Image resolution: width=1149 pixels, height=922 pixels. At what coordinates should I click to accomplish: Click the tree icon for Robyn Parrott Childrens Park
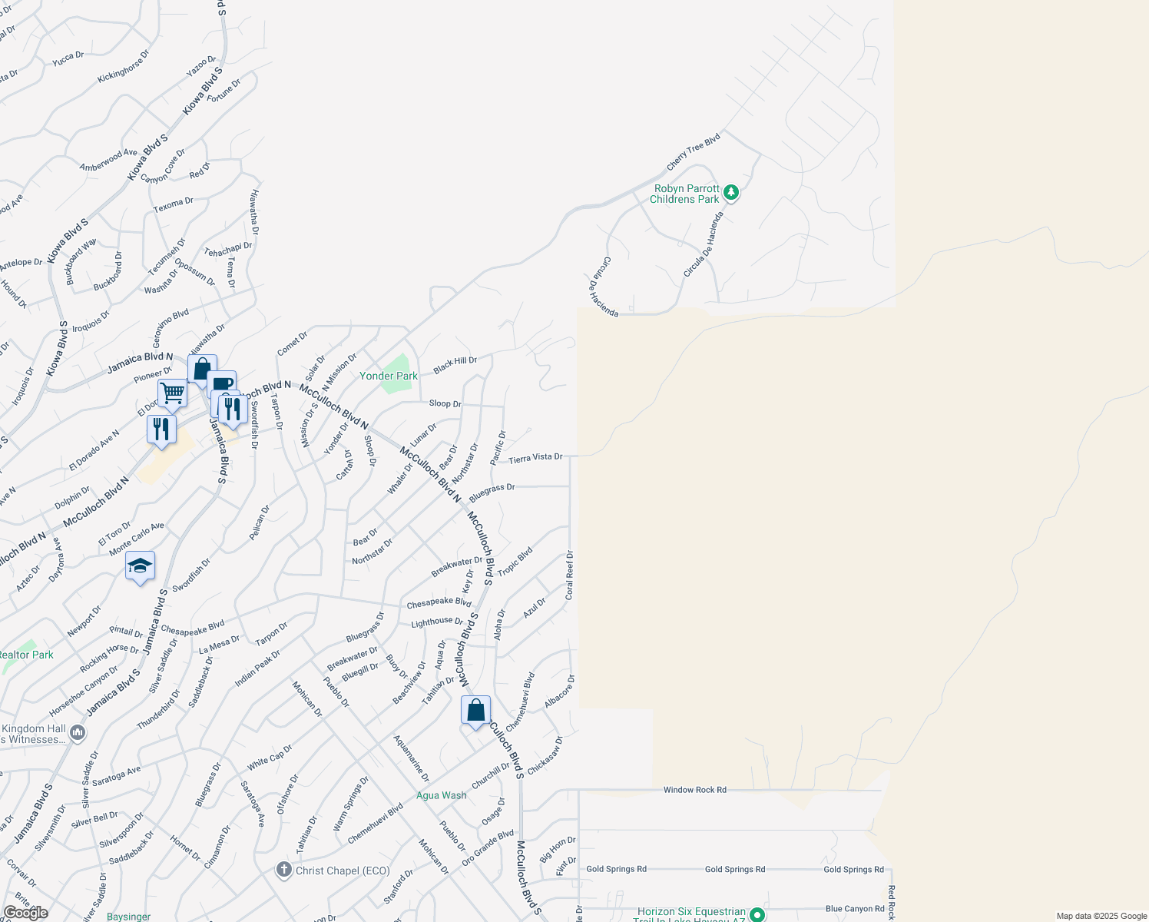click(x=731, y=193)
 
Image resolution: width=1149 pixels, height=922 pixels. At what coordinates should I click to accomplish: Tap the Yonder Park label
click(x=389, y=376)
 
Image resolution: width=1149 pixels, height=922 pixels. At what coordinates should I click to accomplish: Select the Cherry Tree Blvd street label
click(x=694, y=151)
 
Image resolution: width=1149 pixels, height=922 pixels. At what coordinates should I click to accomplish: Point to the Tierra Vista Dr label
click(x=535, y=458)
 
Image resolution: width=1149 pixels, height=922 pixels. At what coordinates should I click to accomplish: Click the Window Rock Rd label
click(x=694, y=790)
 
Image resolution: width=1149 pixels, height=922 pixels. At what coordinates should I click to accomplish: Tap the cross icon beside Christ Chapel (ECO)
click(x=283, y=870)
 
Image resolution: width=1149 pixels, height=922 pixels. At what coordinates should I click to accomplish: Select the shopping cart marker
click(x=173, y=393)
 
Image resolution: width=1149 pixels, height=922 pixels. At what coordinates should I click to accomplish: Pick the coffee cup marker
click(x=222, y=384)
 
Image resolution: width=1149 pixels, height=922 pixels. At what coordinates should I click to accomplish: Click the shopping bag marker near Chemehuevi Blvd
click(x=475, y=711)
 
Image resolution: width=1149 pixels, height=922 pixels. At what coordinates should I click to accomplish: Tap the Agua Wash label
click(x=441, y=795)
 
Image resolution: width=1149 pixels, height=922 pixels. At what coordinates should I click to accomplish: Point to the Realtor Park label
click(x=26, y=655)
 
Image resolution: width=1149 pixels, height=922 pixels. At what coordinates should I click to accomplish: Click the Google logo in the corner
click(x=25, y=913)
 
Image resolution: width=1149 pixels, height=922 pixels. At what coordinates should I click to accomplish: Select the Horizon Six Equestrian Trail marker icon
click(x=757, y=914)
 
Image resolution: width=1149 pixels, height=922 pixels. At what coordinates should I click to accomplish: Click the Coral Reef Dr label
click(x=569, y=575)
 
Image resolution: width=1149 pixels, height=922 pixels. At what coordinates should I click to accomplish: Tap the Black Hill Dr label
click(x=455, y=365)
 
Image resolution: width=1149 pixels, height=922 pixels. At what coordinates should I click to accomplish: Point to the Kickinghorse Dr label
click(x=123, y=67)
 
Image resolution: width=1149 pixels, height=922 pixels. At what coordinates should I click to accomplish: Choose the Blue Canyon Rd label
click(x=855, y=909)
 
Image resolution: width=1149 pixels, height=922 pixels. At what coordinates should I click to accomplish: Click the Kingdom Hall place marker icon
click(x=78, y=733)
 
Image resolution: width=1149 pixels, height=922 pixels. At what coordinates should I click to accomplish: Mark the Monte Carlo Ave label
click(x=137, y=539)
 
